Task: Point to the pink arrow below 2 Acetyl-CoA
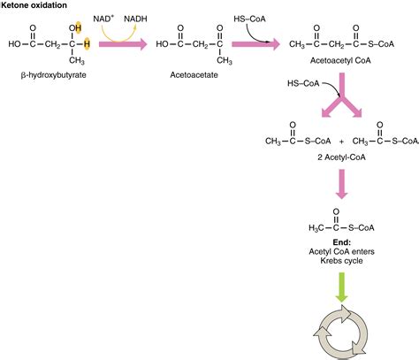340,183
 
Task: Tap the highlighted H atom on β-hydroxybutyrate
86,42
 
